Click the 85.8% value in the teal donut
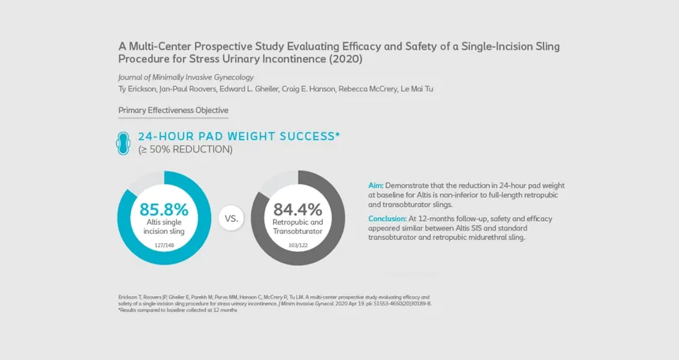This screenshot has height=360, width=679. pos(163,210)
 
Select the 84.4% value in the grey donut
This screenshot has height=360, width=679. pos(298,210)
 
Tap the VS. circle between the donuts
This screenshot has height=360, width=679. pos(231,217)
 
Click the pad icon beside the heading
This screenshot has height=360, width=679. pos(125,141)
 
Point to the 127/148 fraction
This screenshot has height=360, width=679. pos(164,246)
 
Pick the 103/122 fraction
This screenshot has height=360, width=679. pos(298,246)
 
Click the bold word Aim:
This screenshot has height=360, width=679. pos(376,185)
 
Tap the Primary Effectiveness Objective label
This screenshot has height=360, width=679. pos(173,111)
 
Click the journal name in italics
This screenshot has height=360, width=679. pos(174,77)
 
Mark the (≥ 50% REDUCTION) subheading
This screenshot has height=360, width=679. pos(185,149)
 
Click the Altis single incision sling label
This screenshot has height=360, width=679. pos(164,227)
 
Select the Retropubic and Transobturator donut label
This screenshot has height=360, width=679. pos(298,227)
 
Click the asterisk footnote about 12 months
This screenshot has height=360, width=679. pos(177,310)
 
